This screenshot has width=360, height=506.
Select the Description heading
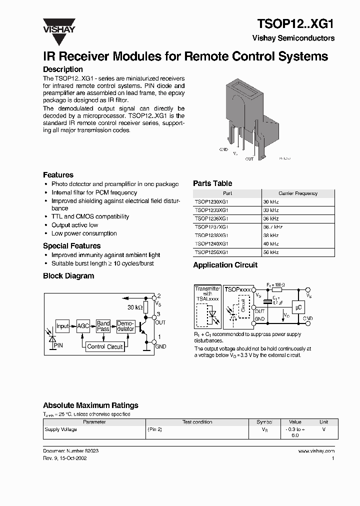(63, 69)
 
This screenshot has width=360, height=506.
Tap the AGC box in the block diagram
(83, 326)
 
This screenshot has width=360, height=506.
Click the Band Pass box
(103, 326)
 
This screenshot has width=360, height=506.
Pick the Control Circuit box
(105, 346)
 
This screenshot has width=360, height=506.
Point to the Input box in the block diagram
(62, 326)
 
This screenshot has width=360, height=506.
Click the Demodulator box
(125, 326)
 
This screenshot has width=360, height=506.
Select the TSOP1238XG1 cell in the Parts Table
(211, 235)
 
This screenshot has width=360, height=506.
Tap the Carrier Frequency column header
(298, 193)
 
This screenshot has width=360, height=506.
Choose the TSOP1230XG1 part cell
(211, 201)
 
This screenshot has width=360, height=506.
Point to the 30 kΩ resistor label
(135, 307)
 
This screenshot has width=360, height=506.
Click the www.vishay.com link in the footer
(316, 451)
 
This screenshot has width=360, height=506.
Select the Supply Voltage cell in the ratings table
(61, 429)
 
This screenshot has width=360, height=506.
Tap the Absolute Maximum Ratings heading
(90, 405)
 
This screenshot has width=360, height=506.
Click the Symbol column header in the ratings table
(264, 422)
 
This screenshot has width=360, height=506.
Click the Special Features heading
(71, 246)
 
